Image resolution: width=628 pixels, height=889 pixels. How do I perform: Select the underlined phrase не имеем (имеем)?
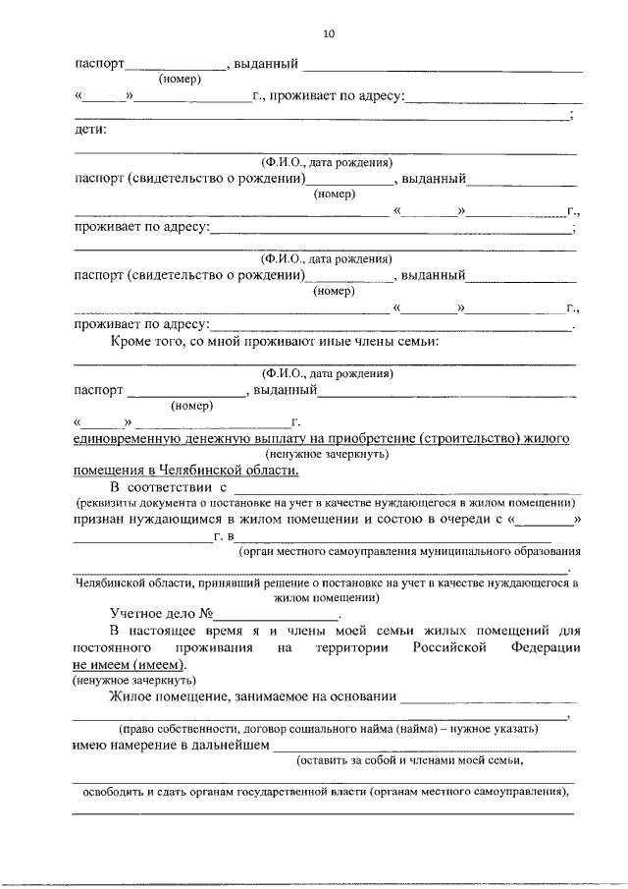coord(128,664)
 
